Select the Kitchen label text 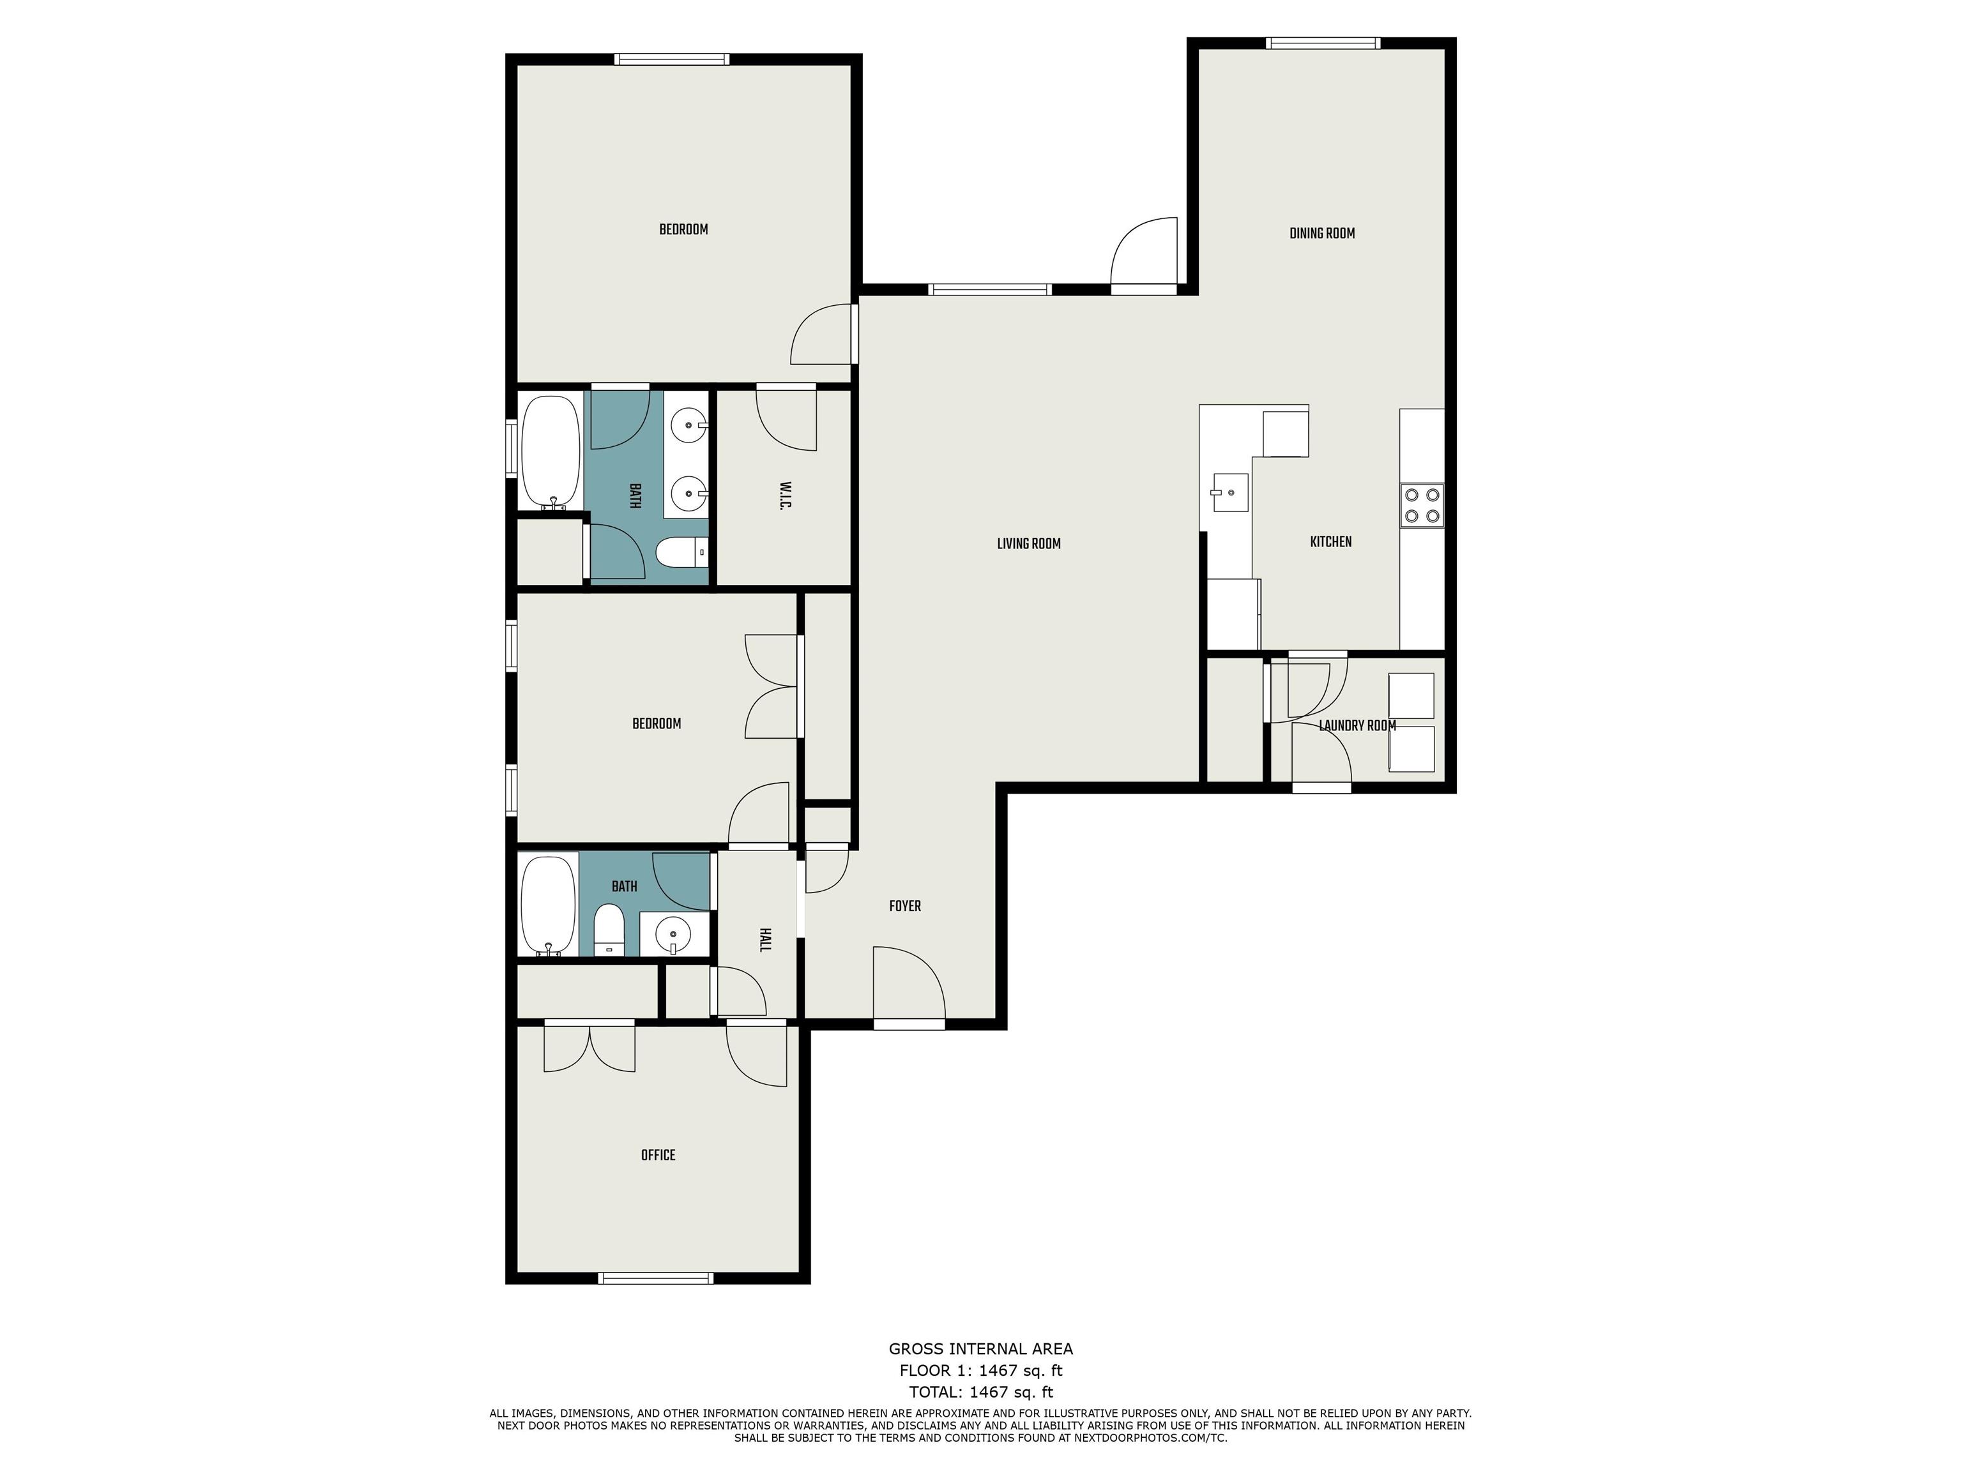click(1330, 542)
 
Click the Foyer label click(905, 905)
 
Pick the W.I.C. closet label click(785, 497)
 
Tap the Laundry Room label click(1357, 725)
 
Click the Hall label click(764, 940)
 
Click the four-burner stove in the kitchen click(1422, 506)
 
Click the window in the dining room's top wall click(1323, 43)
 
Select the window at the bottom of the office click(655, 1278)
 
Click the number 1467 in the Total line click(989, 1392)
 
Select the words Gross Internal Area click(980, 1348)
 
